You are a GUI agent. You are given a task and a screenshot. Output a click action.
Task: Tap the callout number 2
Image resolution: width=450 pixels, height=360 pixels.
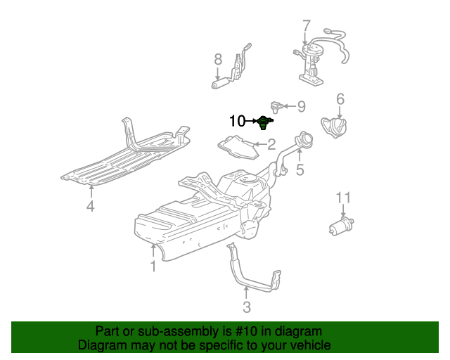pos(271,145)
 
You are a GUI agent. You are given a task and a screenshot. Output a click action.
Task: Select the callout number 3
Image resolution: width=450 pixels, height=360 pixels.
pos(246,307)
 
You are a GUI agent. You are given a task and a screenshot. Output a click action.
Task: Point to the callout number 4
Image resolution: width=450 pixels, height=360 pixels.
pos(90,206)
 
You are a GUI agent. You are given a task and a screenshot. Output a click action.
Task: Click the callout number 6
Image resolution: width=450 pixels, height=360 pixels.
pos(340,98)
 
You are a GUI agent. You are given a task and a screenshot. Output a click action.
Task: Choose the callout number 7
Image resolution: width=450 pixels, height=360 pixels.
pos(306,26)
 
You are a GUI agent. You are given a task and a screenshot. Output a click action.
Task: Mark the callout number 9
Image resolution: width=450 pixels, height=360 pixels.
pos(301,106)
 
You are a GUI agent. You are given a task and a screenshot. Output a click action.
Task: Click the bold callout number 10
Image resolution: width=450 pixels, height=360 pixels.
pos(238,121)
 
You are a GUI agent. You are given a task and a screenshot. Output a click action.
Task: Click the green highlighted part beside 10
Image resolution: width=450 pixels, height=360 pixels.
pos(264,122)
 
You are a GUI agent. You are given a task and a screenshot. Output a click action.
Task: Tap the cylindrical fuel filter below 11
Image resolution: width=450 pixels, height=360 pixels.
pos(341,226)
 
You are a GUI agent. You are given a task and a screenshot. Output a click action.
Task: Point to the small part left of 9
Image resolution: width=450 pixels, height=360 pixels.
pos(277,106)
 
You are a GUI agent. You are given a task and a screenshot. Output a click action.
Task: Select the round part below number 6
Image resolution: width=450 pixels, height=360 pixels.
pos(335,129)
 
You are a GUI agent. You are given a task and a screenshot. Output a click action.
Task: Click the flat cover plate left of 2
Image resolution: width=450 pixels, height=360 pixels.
pos(239,146)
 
